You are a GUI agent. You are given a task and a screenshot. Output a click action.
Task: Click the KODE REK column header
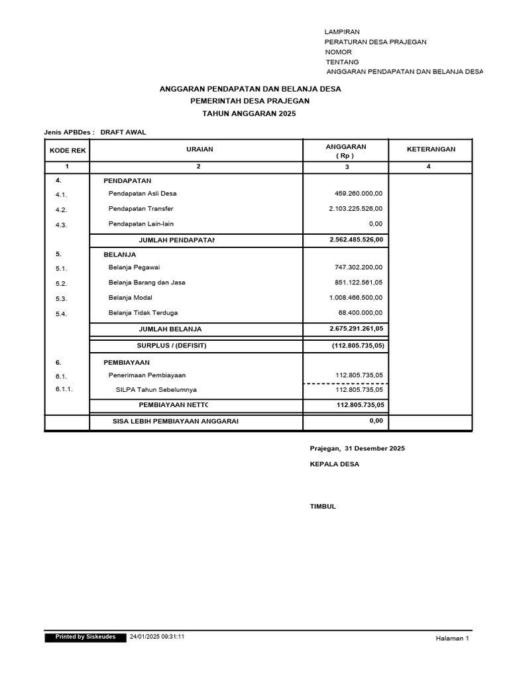click(x=67, y=150)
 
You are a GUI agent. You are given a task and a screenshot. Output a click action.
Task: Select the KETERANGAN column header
click(x=431, y=149)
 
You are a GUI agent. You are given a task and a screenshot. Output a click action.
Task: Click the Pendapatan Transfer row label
click(x=141, y=209)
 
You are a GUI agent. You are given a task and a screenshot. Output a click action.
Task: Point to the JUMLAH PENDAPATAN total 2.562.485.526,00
click(x=356, y=239)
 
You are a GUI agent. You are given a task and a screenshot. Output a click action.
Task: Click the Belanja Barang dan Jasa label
click(x=146, y=282)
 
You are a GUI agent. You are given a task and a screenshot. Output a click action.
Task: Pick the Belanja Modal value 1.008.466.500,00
click(x=356, y=298)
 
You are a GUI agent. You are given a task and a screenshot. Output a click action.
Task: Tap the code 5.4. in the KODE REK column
click(x=62, y=314)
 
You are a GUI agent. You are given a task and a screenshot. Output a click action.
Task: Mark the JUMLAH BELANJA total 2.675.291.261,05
click(x=356, y=329)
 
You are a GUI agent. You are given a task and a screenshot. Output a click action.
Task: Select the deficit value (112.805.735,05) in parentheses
click(x=359, y=345)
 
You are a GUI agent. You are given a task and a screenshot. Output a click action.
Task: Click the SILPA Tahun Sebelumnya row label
click(x=156, y=389)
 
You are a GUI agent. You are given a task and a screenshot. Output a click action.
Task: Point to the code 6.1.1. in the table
click(x=64, y=389)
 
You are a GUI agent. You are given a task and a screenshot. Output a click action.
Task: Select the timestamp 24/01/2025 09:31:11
click(x=157, y=637)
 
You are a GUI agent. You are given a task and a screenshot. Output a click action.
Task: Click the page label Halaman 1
click(x=452, y=639)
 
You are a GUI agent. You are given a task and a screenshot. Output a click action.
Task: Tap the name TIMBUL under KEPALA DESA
click(x=323, y=507)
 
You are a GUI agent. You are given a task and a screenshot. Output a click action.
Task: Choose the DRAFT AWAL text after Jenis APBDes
click(x=123, y=132)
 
